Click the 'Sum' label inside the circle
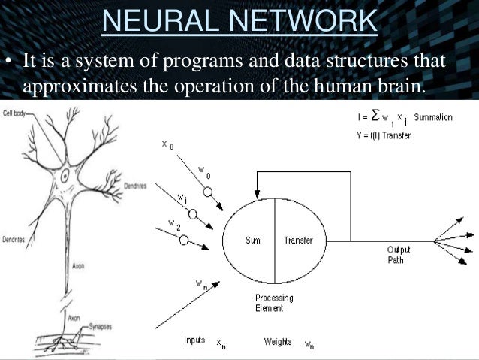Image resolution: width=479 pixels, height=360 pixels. [x=252, y=241]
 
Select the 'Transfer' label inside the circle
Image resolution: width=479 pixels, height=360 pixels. [x=298, y=241]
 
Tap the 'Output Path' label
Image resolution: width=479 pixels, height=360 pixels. [x=397, y=255]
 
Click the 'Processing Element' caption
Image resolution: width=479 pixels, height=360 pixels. [x=273, y=303]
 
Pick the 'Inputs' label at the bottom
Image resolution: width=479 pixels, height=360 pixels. [x=194, y=340]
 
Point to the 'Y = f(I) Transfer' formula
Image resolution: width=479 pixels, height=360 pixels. [x=383, y=135]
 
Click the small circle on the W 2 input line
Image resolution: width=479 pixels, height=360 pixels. [x=183, y=239]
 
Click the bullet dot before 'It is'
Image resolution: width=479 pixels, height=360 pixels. [x=10, y=59]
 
